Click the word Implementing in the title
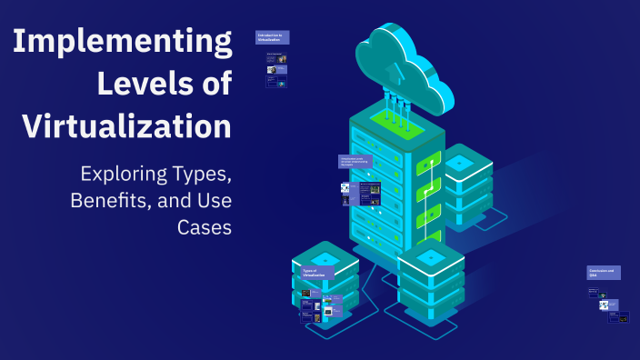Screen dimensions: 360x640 tap(122, 44)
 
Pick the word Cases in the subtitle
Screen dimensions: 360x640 tap(205, 226)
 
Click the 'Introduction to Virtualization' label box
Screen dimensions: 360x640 tap(273, 37)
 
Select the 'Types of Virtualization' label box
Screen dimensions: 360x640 tap(316, 272)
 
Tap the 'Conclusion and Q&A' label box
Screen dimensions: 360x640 tap(604, 272)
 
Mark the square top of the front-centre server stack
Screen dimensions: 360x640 tap(432, 255)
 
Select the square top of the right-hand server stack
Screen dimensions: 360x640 tap(460, 162)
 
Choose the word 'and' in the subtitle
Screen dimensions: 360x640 tap(169, 200)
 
